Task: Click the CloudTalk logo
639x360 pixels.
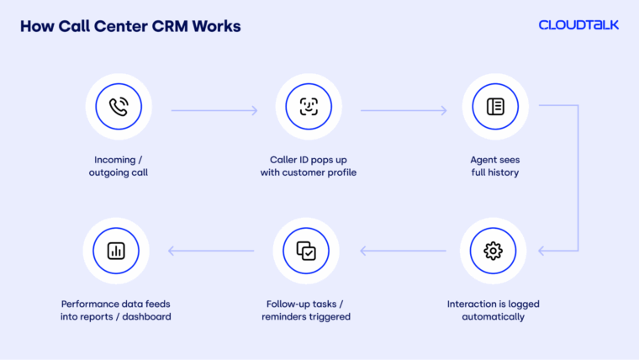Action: [578, 25]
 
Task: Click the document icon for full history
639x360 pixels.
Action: [494, 107]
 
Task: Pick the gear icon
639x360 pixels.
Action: [493, 251]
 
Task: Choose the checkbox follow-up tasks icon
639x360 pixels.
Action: [306, 251]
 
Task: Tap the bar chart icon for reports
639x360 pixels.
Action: [117, 251]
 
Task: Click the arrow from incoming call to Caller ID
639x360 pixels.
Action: [214, 110]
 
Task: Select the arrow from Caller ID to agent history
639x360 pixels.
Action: [404, 110]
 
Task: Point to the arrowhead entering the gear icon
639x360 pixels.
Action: [542, 251]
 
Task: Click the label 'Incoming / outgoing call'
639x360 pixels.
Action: [118, 166]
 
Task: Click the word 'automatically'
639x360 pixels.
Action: [494, 317]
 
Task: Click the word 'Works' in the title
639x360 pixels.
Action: [216, 26]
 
